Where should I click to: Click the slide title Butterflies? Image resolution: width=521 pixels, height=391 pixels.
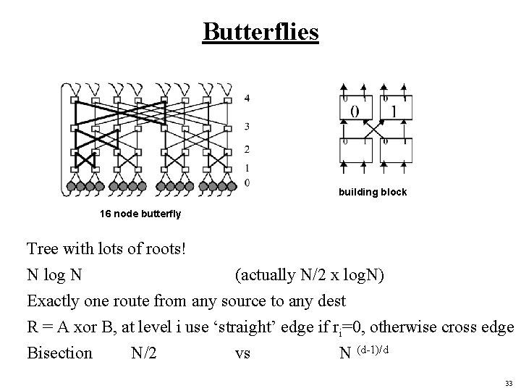(260, 31)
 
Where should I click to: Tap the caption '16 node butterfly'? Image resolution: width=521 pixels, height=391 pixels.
(140, 214)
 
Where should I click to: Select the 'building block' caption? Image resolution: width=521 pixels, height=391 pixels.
(373, 193)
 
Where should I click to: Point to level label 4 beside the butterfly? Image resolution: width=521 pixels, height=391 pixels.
(247, 98)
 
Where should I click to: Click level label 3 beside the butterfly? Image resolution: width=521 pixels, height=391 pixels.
(247, 127)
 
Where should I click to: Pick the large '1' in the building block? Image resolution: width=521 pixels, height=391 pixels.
(394, 111)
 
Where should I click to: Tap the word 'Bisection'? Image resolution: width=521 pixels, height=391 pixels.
(60, 353)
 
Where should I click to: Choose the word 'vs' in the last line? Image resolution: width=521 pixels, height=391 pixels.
(242, 353)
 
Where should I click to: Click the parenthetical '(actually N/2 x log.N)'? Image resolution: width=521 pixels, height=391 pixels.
(311, 275)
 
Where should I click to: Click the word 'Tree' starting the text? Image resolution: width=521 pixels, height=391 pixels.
(43, 250)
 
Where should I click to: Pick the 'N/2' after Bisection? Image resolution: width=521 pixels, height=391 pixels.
(145, 353)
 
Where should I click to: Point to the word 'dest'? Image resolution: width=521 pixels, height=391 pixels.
(331, 300)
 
